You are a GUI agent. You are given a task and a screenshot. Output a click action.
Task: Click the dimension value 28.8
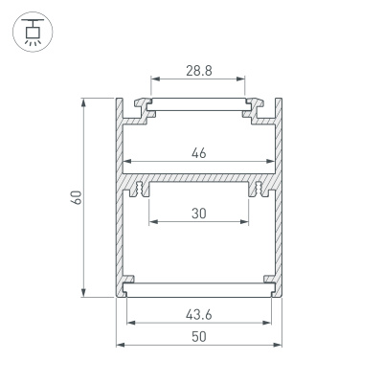tap(198, 71)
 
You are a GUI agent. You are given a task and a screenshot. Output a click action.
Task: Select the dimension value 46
tap(198, 152)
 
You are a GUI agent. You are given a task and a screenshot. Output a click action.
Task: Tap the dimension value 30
tap(198, 214)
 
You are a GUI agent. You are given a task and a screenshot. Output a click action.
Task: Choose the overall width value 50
tap(198, 337)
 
